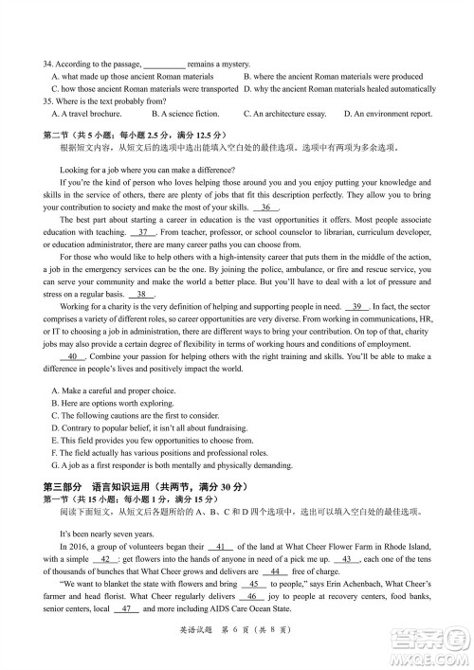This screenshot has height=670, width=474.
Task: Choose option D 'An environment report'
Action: click(387, 114)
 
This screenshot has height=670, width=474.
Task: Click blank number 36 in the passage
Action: click(267, 207)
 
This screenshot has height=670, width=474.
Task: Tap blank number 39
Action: click(357, 306)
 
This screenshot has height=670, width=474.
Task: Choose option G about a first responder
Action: click(158, 465)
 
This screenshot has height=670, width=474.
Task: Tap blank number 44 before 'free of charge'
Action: click(275, 571)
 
